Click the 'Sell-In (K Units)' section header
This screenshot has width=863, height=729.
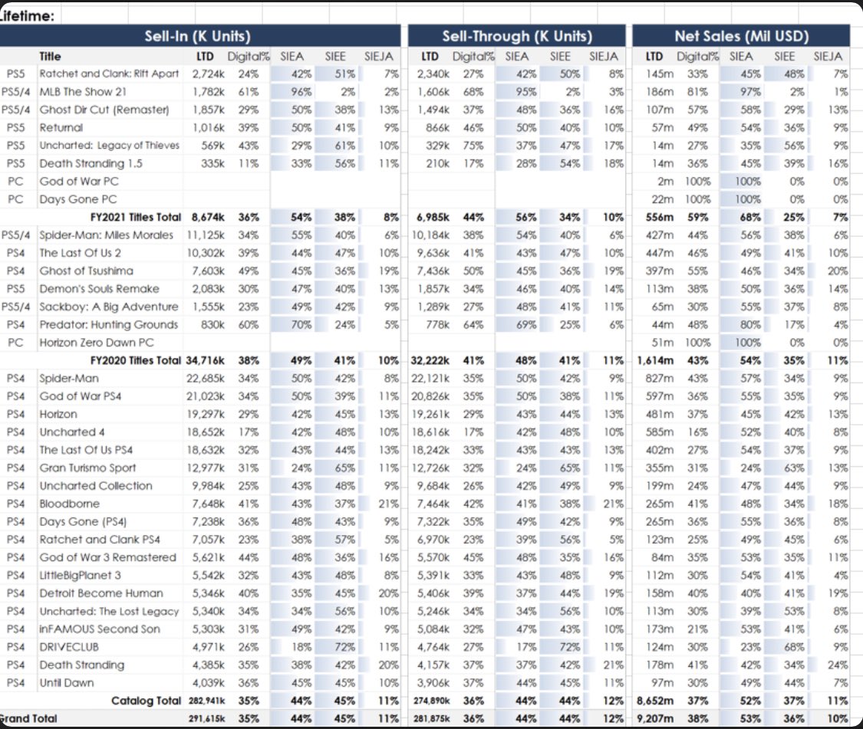tap(198, 36)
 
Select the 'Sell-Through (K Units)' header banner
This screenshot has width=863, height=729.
tap(516, 36)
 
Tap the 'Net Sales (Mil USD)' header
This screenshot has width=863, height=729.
tap(741, 36)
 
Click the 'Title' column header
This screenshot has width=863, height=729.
tap(51, 56)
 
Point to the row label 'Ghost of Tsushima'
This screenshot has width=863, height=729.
tap(86, 271)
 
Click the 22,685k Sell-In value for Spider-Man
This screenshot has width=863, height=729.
tap(202, 378)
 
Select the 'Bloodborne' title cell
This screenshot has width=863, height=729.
tap(69, 504)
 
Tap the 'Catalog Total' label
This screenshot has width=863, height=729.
tap(146, 701)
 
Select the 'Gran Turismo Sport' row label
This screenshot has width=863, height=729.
tap(87, 468)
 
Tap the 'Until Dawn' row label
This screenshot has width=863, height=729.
tap(67, 682)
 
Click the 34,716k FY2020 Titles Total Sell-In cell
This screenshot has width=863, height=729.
tap(202, 360)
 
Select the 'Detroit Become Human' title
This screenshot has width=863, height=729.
tap(101, 593)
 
